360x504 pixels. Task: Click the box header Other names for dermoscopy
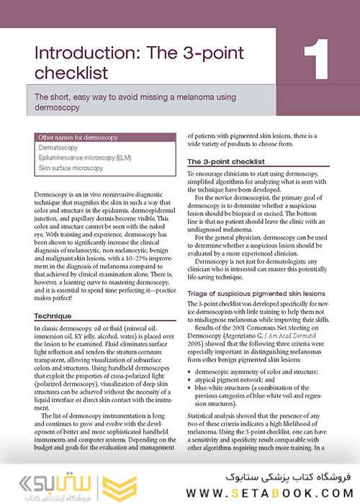pyautogui.click(x=73, y=137)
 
